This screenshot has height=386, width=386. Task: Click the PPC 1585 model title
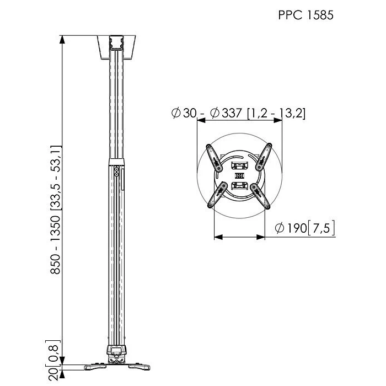(x=305, y=15)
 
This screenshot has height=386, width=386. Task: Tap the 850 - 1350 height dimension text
(x=55, y=245)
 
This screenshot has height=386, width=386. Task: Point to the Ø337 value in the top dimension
(x=226, y=113)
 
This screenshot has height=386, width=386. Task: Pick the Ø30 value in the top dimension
(x=184, y=113)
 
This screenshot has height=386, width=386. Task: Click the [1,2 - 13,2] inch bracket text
(x=276, y=114)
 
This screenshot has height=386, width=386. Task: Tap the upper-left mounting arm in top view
(x=214, y=158)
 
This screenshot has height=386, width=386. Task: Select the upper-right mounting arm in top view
(x=264, y=157)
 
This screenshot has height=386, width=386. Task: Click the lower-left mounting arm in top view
(x=217, y=195)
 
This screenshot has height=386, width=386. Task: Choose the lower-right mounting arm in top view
(x=260, y=196)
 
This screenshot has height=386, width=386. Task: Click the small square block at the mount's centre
(x=239, y=176)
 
